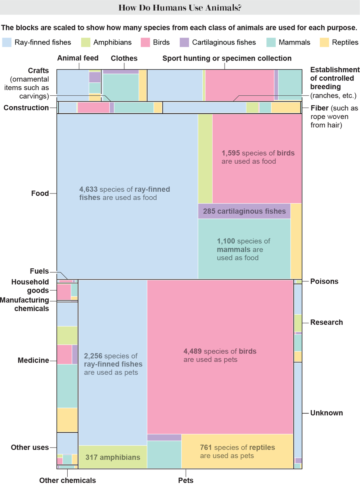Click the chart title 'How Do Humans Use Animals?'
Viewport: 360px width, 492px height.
click(x=180, y=8)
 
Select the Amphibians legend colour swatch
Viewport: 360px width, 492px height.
click(x=86, y=42)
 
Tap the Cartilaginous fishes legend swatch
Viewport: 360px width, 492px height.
click(x=184, y=42)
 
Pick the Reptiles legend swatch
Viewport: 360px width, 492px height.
click(x=324, y=42)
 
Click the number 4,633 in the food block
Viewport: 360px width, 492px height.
click(x=88, y=189)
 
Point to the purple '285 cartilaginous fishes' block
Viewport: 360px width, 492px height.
click(x=244, y=211)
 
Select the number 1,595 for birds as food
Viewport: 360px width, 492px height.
click(x=231, y=153)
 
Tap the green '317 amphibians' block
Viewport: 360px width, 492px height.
click(x=113, y=457)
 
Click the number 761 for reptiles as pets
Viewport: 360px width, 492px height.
click(x=206, y=447)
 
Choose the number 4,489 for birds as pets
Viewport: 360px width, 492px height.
click(x=193, y=351)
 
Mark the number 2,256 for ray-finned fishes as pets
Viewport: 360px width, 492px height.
click(x=93, y=356)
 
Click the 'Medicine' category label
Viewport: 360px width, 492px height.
click(x=33, y=360)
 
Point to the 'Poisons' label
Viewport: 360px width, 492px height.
click(x=324, y=281)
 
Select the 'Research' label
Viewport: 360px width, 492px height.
click(x=326, y=322)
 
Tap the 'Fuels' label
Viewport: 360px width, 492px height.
click(x=39, y=271)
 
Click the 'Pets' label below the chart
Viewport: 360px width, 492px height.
click(x=185, y=480)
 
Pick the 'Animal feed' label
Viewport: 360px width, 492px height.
click(x=78, y=58)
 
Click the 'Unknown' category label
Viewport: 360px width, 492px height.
click(x=326, y=413)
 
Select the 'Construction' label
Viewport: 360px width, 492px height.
click(x=26, y=108)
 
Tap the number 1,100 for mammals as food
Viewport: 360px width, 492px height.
click(x=226, y=241)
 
